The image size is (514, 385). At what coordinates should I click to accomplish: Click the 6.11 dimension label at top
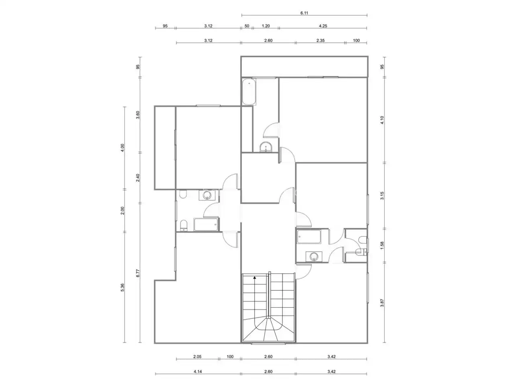304,13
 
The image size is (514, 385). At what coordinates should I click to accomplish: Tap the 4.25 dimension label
323,26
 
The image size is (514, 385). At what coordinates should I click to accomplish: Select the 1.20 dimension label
265,26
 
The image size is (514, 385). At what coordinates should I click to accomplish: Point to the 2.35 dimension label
320,41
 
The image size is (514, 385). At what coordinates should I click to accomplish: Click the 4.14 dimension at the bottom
198,372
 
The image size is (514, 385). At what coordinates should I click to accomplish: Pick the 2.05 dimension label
197,357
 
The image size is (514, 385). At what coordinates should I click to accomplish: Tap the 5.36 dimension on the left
122,288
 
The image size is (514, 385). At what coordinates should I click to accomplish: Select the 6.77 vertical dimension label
138,273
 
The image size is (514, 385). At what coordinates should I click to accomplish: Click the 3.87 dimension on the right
382,303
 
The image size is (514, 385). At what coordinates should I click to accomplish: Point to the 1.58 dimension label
382,245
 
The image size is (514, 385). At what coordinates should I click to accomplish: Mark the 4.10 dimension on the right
382,120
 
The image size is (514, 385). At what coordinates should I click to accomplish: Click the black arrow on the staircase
255,278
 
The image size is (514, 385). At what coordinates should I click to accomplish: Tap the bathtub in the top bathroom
249,92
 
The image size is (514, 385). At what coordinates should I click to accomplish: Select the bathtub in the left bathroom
206,225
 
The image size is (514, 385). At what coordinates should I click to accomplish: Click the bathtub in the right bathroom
309,237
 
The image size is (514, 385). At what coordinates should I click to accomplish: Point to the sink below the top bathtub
266,147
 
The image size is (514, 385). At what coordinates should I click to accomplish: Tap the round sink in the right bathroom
314,257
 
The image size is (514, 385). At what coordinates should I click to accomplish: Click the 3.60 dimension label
138,115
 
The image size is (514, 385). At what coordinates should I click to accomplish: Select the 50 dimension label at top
247,26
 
